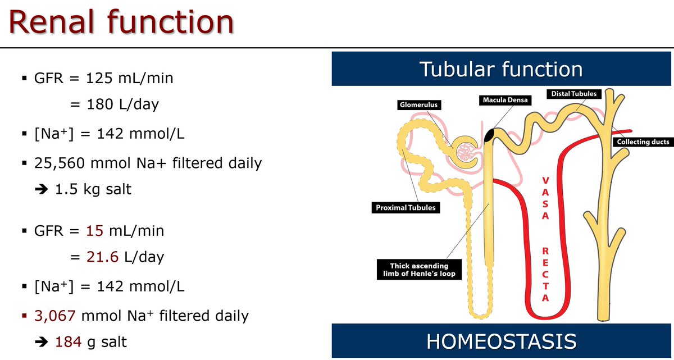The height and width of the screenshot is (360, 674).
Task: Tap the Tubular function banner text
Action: [x=502, y=70]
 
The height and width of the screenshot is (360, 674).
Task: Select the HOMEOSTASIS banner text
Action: [x=502, y=341]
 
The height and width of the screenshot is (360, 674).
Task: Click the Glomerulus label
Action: [x=418, y=105]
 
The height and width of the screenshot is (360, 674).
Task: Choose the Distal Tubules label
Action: [x=573, y=93]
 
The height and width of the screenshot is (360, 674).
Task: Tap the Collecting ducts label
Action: [x=643, y=142]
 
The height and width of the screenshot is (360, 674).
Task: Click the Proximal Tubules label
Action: [x=405, y=208]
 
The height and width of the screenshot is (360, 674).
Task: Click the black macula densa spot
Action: [x=489, y=135]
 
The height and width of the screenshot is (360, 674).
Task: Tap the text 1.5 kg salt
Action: [x=93, y=189]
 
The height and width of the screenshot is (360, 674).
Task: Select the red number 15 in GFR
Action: [x=95, y=230]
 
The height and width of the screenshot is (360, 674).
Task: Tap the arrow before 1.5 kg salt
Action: [x=42, y=189]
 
